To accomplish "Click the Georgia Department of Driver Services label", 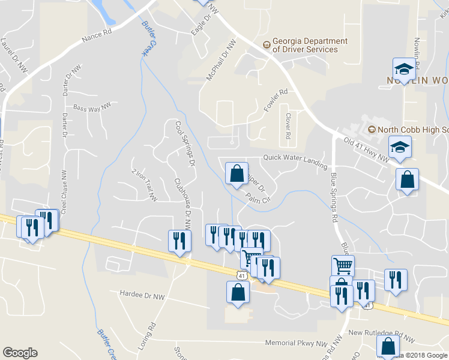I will click(x=310, y=45).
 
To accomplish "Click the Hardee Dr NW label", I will click(x=142, y=296).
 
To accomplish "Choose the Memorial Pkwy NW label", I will click(x=298, y=344).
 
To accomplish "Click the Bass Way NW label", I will click(x=92, y=107).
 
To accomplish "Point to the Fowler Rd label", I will click(x=276, y=100).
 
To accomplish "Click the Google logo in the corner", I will click(x=20, y=353).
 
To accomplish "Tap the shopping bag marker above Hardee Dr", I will click(x=238, y=292).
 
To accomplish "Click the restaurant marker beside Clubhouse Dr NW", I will click(x=180, y=241).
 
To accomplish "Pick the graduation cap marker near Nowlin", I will click(x=405, y=68).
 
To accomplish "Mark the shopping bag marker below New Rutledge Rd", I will click(x=388, y=346).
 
